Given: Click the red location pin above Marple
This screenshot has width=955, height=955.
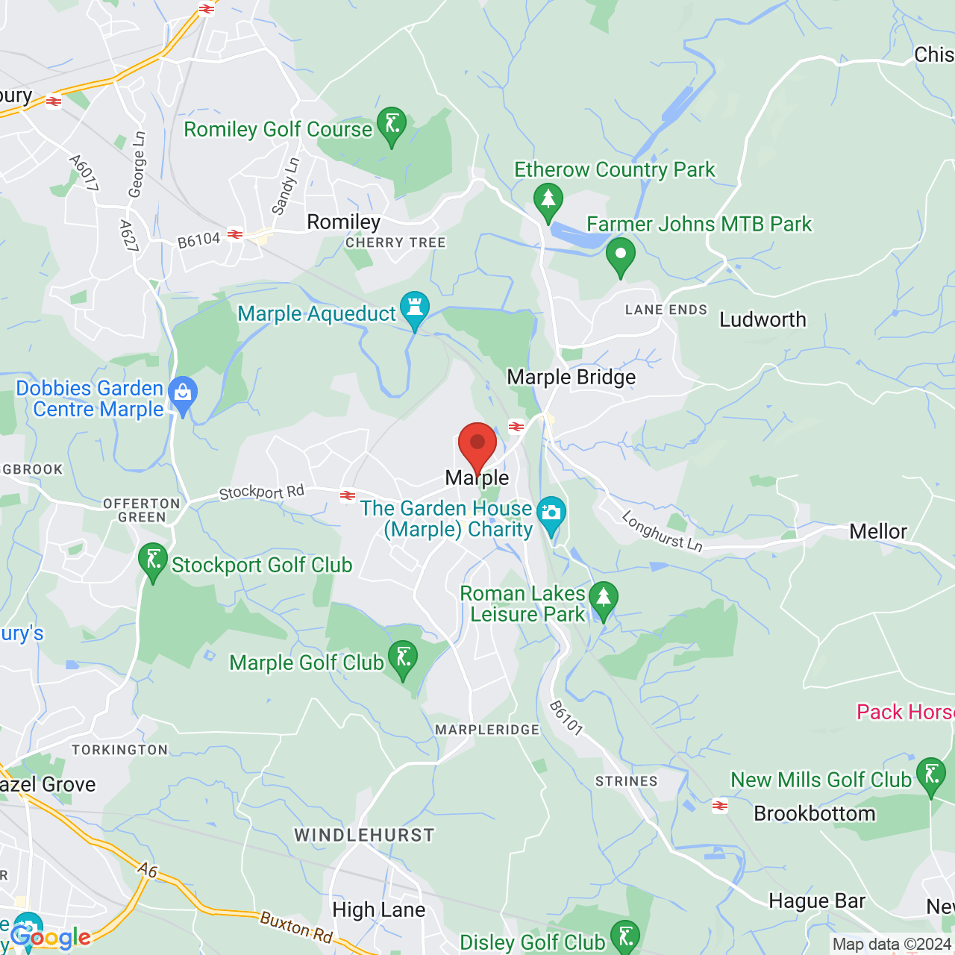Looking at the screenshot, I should click(477, 444).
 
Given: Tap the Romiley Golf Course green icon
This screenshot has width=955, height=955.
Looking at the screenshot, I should click(391, 125).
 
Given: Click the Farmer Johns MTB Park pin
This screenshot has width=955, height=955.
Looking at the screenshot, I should click(620, 255).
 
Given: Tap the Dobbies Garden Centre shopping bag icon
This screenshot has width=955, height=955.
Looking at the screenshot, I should click(183, 393).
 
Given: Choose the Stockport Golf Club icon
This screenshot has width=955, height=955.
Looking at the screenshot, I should click(153, 561).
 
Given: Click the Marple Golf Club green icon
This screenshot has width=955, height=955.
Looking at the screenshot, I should click(403, 659).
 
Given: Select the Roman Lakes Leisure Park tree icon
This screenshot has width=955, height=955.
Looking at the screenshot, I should click(604, 599).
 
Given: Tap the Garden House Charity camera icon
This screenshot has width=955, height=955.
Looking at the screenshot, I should click(551, 515).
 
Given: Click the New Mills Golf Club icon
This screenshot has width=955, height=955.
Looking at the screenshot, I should click(930, 776).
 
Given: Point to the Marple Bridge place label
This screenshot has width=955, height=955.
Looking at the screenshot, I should click(572, 378).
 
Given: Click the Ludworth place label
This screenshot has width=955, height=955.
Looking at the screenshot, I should click(763, 320).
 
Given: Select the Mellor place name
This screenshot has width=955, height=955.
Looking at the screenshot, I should click(878, 532).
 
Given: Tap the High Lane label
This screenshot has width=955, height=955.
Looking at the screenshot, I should click(378, 910).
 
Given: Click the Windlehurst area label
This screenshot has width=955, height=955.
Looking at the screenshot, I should click(364, 836).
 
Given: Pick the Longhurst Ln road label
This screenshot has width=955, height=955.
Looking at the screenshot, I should click(662, 532).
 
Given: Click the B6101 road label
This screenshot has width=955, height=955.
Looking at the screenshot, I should click(566, 718).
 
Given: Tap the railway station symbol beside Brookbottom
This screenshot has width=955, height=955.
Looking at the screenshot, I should click(720, 806).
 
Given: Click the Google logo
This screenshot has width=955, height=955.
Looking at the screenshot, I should click(51, 937).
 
